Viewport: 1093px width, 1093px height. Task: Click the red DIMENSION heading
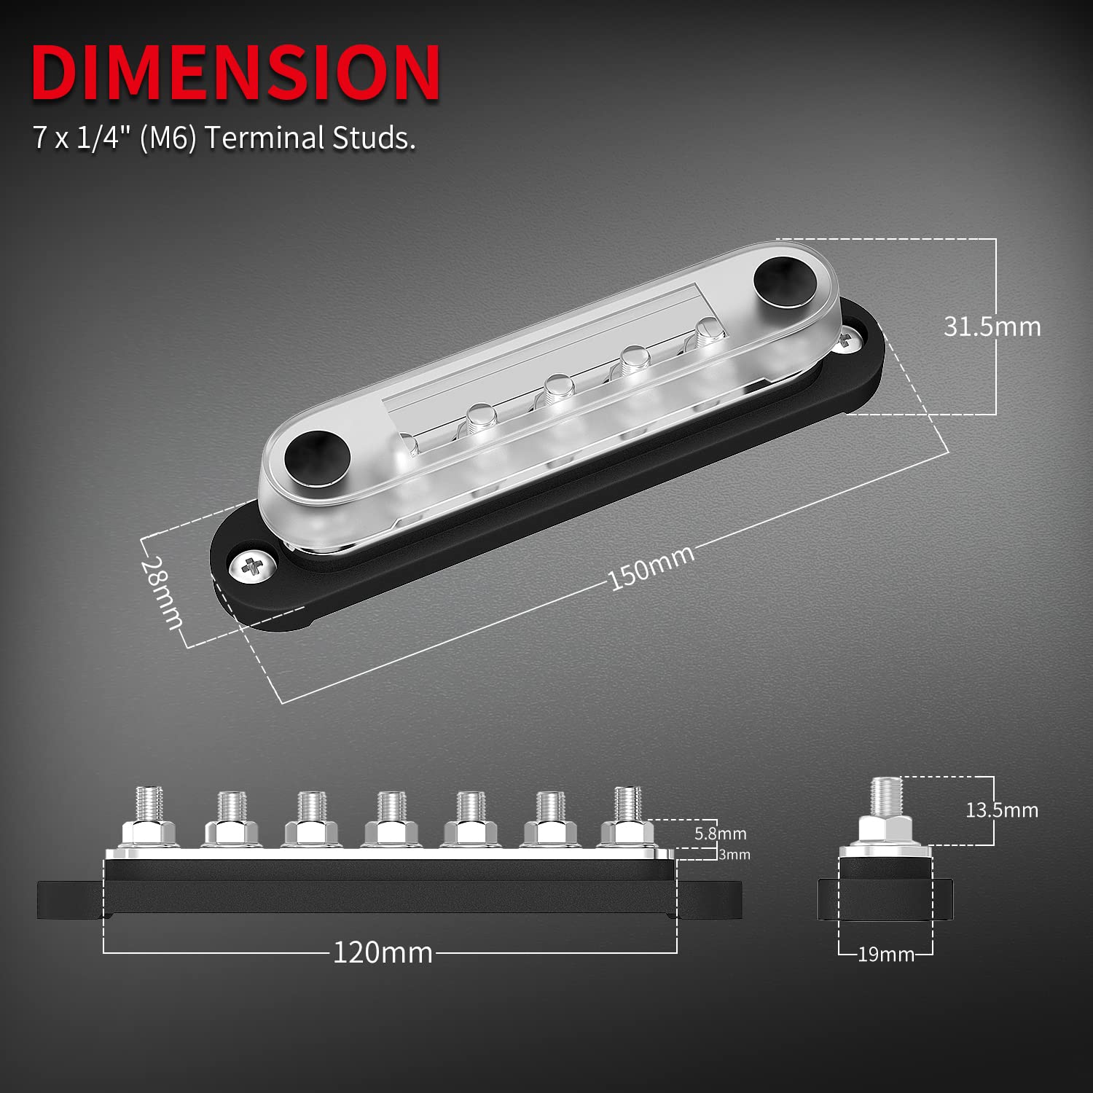tap(235, 73)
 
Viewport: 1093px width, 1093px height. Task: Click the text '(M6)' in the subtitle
tap(168, 138)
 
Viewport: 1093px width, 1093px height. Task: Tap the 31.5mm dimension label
tap(992, 326)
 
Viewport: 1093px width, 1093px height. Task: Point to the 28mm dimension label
tap(163, 592)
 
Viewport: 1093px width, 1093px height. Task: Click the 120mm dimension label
tap(383, 952)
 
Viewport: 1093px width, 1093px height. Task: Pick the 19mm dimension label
tap(885, 954)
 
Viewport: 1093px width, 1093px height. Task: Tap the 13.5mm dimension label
tap(1001, 810)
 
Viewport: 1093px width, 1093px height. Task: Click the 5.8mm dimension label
tap(720, 833)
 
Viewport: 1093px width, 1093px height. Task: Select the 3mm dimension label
tap(734, 855)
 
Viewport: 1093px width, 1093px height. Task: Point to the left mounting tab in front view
tap(70, 900)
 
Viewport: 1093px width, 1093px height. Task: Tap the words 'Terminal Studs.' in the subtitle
tap(310, 138)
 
